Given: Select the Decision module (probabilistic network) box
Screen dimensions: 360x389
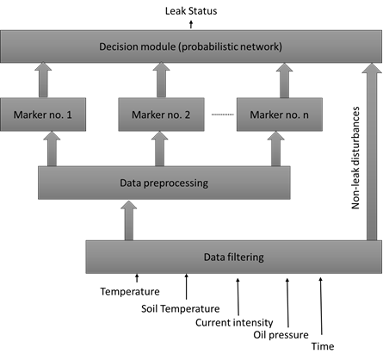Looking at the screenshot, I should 192,45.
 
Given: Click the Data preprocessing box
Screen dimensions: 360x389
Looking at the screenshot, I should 164,183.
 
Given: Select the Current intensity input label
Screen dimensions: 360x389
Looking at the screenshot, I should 235,321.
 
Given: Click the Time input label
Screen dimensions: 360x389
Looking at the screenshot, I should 321,348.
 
